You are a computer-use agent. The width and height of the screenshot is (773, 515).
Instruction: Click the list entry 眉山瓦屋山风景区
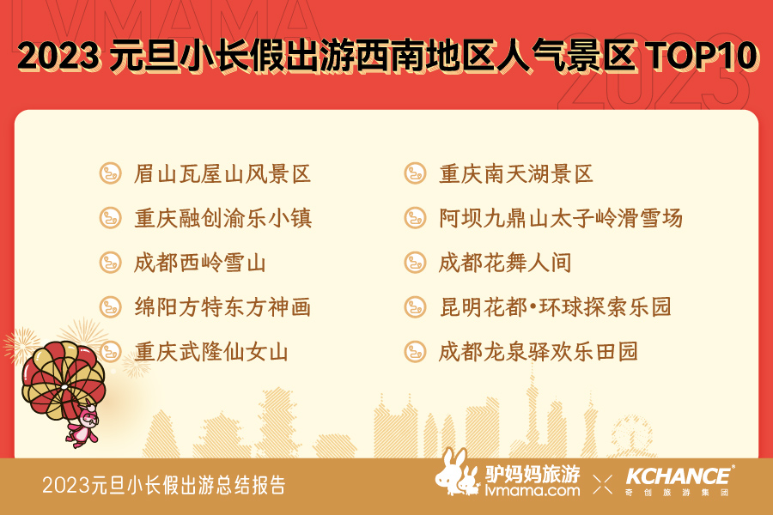[222, 174]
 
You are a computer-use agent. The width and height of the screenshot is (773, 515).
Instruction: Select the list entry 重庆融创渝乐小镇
[222, 218]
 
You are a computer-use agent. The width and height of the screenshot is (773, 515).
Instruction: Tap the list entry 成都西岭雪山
[200, 263]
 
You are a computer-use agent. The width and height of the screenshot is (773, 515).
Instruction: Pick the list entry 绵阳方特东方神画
[222, 307]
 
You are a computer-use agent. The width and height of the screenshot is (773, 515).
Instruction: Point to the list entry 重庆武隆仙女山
[211, 352]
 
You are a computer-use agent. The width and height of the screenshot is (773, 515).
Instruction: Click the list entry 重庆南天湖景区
[516, 174]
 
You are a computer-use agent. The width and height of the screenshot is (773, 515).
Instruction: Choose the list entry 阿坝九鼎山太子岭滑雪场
[561, 218]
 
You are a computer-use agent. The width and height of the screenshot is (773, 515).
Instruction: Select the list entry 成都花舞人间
[505, 263]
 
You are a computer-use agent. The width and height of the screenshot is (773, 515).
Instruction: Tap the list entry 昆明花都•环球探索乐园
[556, 307]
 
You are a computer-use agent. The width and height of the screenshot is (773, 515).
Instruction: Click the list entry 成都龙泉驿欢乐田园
[539, 352]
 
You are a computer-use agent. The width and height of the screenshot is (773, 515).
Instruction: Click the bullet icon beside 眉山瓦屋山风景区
[111, 173]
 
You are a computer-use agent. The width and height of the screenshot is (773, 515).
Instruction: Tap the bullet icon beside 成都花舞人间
[415, 263]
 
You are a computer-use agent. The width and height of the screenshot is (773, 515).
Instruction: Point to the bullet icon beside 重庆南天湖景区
[415, 173]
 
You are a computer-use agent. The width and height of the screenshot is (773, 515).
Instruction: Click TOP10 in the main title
[702, 55]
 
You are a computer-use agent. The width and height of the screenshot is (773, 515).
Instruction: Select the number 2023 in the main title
[58, 55]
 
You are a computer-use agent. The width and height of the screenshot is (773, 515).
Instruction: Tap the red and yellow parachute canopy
[63, 379]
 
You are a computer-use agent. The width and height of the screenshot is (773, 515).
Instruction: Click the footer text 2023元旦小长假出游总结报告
[164, 485]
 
